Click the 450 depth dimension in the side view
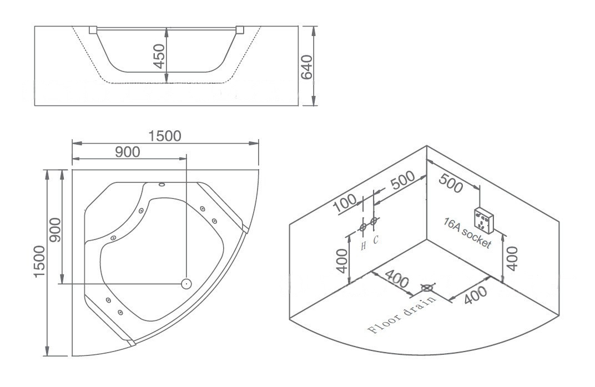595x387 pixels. (160, 57)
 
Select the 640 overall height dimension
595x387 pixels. (306, 67)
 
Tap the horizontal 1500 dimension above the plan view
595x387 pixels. (165, 136)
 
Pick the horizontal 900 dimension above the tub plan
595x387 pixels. (128, 152)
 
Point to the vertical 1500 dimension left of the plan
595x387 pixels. (39, 262)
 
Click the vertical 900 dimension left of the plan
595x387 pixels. (55, 230)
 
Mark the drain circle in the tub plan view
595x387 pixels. (186, 283)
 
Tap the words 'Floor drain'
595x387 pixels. (403, 314)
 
